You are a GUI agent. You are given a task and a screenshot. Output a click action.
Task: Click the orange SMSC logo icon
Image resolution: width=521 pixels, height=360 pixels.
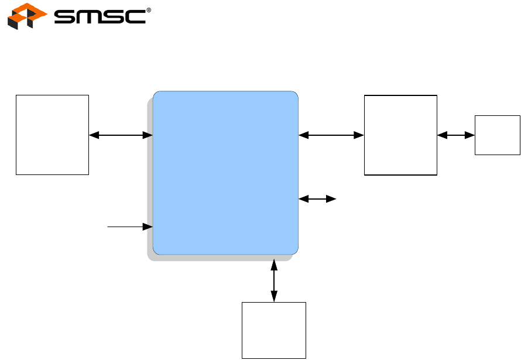(26, 16)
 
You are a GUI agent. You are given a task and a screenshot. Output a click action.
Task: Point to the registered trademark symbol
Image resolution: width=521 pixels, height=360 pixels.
(148, 10)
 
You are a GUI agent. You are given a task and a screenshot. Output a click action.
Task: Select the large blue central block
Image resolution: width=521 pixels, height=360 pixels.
(225, 173)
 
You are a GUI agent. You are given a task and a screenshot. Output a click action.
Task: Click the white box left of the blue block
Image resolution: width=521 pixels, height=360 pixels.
(52, 134)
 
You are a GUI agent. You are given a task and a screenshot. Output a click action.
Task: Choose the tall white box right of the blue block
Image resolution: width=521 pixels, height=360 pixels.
(400, 135)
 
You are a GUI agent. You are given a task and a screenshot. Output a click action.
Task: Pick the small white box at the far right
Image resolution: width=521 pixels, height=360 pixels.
(497, 135)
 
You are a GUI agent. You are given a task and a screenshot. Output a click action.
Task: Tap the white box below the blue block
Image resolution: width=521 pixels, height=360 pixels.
(274, 330)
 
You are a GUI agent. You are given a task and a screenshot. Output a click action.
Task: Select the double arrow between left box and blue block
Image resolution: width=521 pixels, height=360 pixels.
(121, 135)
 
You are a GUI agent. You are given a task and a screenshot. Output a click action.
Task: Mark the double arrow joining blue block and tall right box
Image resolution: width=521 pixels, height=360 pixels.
(331, 135)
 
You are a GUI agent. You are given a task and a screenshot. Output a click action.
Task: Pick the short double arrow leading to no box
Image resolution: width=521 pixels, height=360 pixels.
(317, 200)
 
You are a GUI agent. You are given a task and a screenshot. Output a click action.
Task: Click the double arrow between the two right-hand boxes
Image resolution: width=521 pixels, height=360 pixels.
(455, 135)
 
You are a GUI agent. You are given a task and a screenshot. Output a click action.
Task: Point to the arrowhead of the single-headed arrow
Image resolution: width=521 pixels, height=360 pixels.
(149, 226)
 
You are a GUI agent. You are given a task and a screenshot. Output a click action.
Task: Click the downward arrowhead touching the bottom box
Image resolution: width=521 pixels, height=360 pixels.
(274, 298)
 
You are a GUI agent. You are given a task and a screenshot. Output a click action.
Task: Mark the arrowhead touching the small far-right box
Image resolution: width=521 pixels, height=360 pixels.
(470, 135)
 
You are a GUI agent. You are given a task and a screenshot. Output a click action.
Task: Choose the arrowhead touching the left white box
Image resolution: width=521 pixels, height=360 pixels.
(93, 135)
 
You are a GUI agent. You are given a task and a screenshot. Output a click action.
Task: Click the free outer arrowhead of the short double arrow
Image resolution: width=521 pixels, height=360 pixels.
(332, 200)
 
